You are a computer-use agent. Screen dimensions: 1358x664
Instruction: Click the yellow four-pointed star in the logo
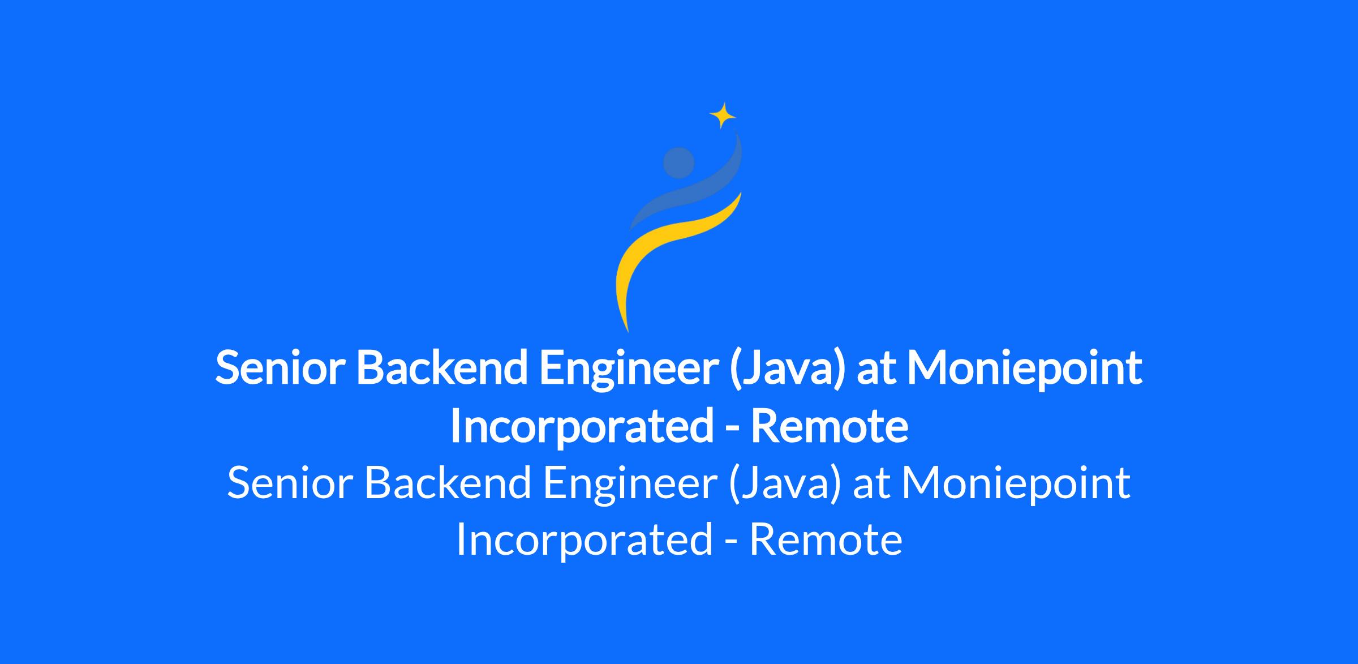pyautogui.click(x=723, y=115)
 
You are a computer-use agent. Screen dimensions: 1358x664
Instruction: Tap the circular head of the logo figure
pyautogui.click(x=678, y=162)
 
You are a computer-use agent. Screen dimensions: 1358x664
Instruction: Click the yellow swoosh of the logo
pyautogui.click(x=668, y=249)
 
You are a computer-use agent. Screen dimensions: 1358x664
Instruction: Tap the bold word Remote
pyautogui.click(x=830, y=427)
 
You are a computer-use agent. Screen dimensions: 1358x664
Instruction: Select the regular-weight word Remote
pyautogui.click(x=826, y=540)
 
